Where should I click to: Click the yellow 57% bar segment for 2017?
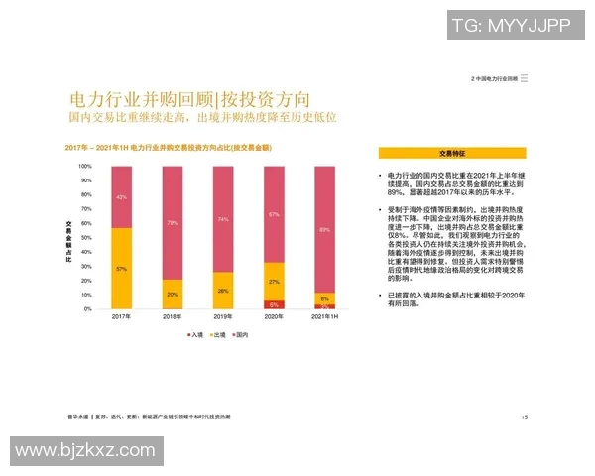pos(121,268)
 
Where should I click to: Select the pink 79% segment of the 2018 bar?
pos(173,223)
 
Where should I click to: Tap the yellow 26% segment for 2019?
pos(223,291)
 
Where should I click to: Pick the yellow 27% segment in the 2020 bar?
pos(274,281)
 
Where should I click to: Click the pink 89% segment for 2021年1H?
pos(324,229)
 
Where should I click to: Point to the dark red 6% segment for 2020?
pos(274,304)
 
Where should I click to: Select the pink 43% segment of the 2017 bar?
pos(121,197)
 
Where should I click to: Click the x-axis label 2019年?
pos(223,317)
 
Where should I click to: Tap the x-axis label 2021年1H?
pos(324,317)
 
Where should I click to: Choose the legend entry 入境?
pos(195,335)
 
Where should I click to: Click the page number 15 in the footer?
pos(525,417)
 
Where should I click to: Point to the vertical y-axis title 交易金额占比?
pos(69,238)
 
